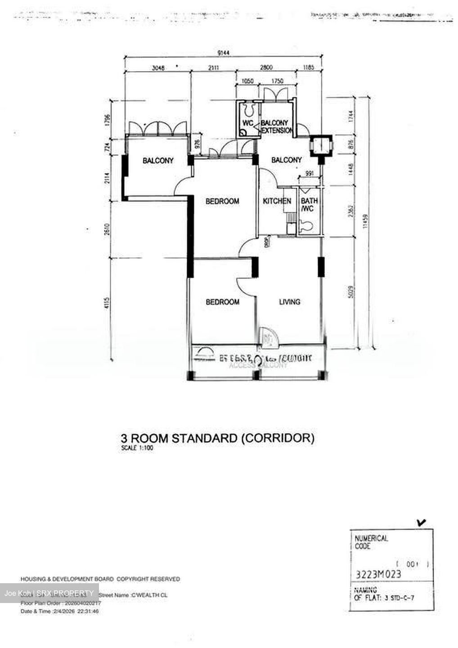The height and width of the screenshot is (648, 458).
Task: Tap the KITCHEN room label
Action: coord(277,201)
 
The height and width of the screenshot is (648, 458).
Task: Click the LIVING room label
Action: coord(289,302)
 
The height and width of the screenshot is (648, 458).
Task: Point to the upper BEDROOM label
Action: coord(222,201)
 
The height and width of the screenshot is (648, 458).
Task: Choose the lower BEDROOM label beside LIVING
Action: coord(222,302)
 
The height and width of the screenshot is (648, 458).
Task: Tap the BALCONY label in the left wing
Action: coord(158,160)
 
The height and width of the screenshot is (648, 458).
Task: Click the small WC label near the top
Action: coord(248,123)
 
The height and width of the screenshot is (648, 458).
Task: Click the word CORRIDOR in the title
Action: coord(278,438)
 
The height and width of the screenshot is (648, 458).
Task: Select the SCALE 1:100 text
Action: coord(137,448)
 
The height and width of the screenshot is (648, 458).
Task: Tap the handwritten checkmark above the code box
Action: coord(422,522)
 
